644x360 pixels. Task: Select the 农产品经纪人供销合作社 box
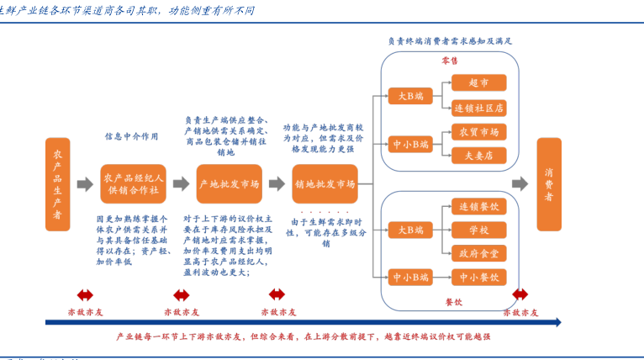pyautogui.click(x=134, y=184)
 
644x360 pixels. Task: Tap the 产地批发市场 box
pyautogui.click(x=228, y=184)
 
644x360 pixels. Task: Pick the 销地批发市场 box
pyautogui.click(x=325, y=184)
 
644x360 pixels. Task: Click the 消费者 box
pyautogui.click(x=549, y=184)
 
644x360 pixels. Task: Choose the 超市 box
pyautogui.click(x=478, y=82)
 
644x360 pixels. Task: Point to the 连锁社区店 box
pyautogui.click(x=478, y=108)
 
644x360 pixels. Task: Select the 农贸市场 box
pyautogui.click(x=478, y=132)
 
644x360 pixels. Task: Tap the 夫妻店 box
pyautogui.click(x=478, y=155)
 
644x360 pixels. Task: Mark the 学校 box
pyautogui.click(x=478, y=230)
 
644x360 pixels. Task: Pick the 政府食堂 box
pyautogui.click(x=478, y=252)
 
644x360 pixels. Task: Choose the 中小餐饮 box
pyautogui.click(x=478, y=276)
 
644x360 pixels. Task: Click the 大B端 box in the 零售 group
pyautogui.click(x=411, y=97)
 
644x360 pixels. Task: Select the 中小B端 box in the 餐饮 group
pyautogui.click(x=411, y=276)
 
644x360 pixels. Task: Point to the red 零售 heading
pyautogui.click(x=451, y=61)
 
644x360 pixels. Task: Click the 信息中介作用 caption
pyautogui.click(x=131, y=135)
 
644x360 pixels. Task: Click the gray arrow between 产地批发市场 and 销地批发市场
pyautogui.click(x=277, y=184)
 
